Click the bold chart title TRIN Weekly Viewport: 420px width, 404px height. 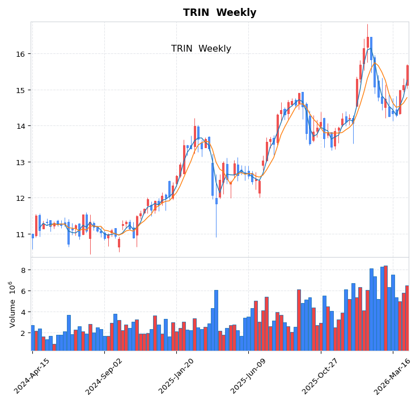coord(219,12)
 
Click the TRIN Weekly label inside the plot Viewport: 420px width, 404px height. coord(201,49)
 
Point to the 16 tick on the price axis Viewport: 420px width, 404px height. coord(20,54)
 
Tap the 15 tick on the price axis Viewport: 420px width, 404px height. coord(20,90)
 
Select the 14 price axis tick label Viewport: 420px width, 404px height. coord(20,126)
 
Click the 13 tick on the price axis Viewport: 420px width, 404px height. coord(20,162)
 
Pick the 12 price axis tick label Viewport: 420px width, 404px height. coord(20,198)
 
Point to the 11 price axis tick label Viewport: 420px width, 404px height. coord(20,234)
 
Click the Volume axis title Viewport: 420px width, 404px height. coord(11,304)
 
